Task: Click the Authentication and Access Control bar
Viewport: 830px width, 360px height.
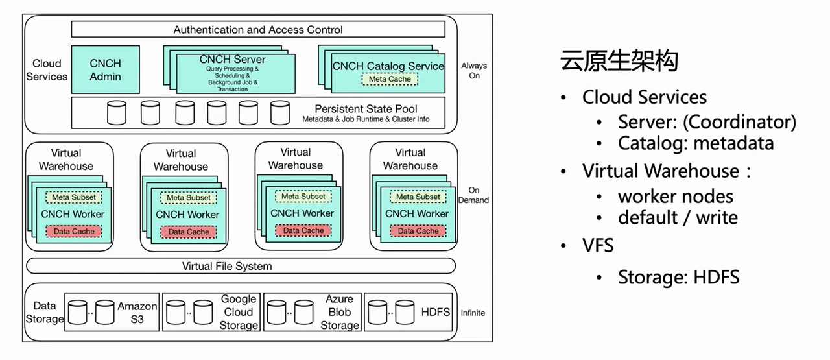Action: [x=258, y=30]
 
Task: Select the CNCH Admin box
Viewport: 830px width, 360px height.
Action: [x=105, y=69]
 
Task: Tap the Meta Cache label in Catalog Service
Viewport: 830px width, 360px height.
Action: [x=390, y=79]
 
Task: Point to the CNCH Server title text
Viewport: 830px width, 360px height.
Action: [x=232, y=60]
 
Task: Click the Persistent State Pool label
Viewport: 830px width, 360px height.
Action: [x=366, y=109]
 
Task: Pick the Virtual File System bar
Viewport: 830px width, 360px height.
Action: [x=227, y=266]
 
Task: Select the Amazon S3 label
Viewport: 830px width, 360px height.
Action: [x=137, y=312]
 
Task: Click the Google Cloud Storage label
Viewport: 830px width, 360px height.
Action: [x=239, y=312]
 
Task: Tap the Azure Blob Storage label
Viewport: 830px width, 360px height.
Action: [x=339, y=312]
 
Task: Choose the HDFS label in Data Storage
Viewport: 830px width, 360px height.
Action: [x=436, y=312]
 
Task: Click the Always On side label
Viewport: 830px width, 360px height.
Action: [x=474, y=71]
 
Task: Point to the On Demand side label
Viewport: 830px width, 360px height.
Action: [x=474, y=195]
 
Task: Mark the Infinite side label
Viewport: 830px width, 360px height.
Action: [x=473, y=313]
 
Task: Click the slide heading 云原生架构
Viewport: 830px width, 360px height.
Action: [x=619, y=61]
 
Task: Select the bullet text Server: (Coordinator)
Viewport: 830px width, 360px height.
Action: [x=707, y=122]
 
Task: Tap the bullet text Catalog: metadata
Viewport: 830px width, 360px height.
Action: [x=696, y=143]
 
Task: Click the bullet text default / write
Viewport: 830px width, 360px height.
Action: [x=678, y=217]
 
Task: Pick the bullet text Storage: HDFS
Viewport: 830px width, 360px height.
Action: [x=678, y=278]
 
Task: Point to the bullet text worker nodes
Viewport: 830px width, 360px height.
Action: [x=676, y=196]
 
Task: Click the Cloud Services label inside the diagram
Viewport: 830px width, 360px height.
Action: [x=47, y=70]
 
